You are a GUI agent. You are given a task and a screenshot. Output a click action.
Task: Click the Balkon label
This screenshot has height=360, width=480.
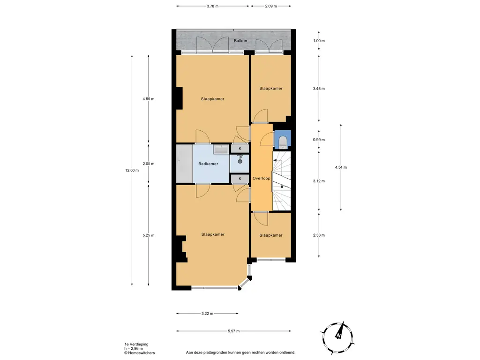240,41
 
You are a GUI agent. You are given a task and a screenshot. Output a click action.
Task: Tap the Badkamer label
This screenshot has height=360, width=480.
208,164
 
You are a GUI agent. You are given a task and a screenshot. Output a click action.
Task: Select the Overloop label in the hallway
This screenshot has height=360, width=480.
262,178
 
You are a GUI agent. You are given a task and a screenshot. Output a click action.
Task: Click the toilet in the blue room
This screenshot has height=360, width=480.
283,142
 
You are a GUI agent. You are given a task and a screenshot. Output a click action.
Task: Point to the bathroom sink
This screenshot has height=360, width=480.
220,149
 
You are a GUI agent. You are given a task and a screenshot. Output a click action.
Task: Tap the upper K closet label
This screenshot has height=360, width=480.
240,149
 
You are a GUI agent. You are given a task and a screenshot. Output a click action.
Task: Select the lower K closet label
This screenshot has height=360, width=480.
240,179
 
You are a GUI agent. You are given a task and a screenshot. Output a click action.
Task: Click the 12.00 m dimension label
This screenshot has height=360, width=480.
132,171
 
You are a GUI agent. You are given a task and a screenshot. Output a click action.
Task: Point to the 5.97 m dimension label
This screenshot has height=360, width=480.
233,331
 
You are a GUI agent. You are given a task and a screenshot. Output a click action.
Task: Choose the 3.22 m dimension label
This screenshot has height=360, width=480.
207,314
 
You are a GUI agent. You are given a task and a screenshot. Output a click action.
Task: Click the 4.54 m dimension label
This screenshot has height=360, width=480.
341,167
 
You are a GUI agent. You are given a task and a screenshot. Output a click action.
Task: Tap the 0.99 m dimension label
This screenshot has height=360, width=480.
319,140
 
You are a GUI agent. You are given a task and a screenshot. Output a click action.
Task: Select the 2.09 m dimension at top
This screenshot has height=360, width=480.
271,6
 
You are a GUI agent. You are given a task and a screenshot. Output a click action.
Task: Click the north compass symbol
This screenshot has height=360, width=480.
338,336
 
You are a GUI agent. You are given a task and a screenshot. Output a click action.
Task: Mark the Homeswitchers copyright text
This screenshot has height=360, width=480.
139,353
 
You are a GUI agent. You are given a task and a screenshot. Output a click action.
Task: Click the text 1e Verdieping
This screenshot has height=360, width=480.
136,345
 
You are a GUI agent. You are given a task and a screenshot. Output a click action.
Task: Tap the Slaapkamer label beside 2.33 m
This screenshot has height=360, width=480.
271,235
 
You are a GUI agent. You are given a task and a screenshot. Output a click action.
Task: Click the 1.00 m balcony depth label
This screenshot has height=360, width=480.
319,41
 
